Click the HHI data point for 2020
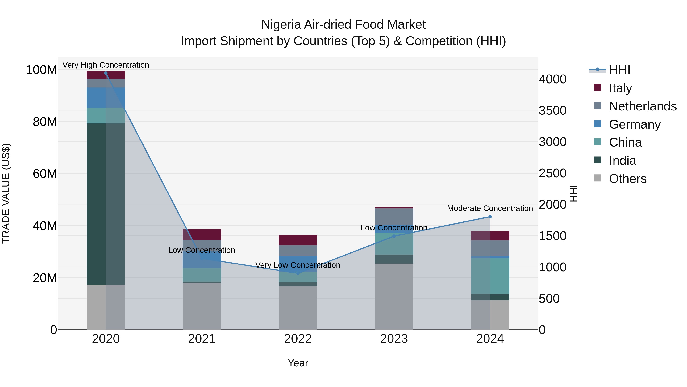(x=106, y=73)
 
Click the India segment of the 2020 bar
(x=106, y=204)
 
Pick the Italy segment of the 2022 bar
(x=298, y=240)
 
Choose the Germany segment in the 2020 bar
(x=106, y=98)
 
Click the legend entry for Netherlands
(x=643, y=106)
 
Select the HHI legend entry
(x=619, y=70)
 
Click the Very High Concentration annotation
(x=106, y=65)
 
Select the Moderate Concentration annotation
(x=490, y=208)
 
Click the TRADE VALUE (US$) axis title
(x=6, y=193)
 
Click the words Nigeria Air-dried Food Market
(x=343, y=25)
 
